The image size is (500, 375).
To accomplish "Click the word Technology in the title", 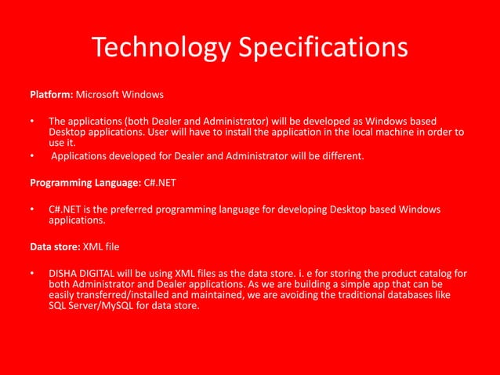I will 159,47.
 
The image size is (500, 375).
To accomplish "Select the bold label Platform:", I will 52,95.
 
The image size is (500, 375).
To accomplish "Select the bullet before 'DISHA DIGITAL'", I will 32,274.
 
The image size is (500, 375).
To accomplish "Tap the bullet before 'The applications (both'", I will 32,122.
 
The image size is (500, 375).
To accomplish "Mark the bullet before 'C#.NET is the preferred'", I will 32,209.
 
